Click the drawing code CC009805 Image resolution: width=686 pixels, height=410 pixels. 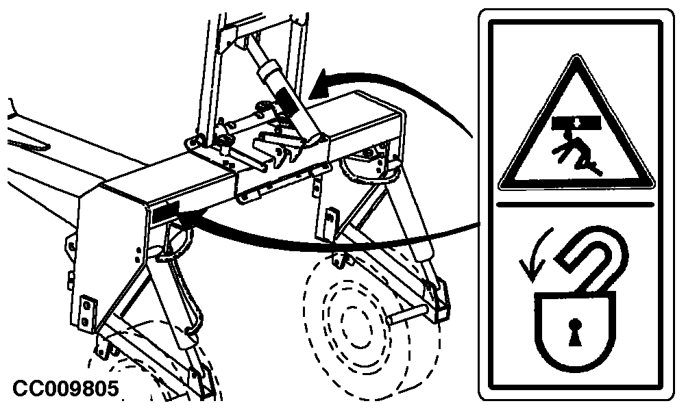tap(65, 388)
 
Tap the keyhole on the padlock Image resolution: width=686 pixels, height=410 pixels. tap(574, 332)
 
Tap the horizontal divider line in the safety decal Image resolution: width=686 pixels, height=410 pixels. tap(575, 204)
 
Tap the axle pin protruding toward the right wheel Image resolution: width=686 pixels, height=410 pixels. tap(408, 315)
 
